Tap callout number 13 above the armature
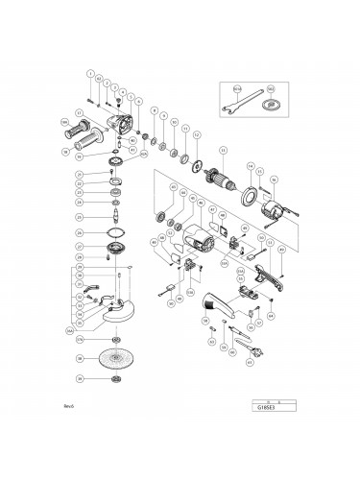223,150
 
